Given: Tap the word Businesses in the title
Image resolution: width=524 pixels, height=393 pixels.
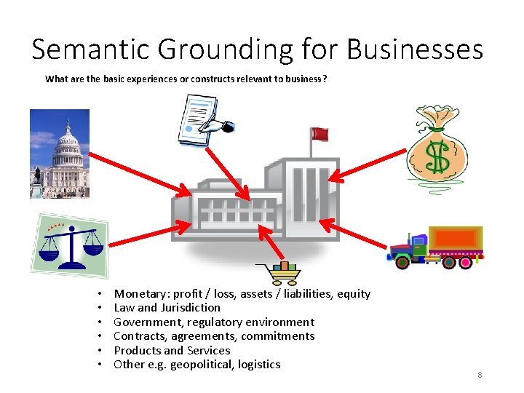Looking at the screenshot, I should pyautogui.click(x=415, y=49).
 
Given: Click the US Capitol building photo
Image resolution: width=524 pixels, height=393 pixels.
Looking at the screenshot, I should pyautogui.click(x=60, y=154).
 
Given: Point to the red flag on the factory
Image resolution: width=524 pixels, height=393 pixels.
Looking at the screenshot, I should pyautogui.click(x=319, y=134).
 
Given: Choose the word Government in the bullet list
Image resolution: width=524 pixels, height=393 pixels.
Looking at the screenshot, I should pyautogui.click(x=146, y=322).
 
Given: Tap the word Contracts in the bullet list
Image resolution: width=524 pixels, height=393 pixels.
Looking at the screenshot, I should pyautogui.click(x=140, y=336).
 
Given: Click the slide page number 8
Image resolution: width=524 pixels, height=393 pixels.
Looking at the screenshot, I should pyautogui.click(x=480, y=375).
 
